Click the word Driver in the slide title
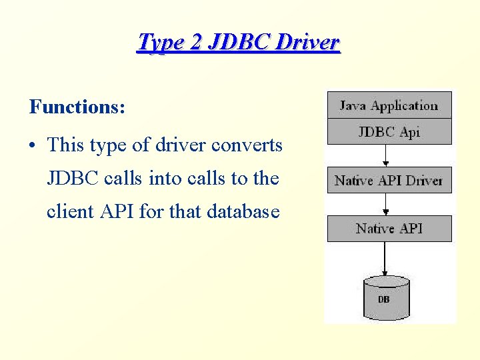point(309,42)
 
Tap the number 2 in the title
point(195,42)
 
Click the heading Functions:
point(77,107)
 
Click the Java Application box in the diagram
point(389,105)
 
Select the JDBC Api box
point(389,131)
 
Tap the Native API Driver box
point(389,180)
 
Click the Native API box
point(389,229)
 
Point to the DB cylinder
point(385,298)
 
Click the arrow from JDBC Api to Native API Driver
point(385,156)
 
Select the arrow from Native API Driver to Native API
point(385,204)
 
